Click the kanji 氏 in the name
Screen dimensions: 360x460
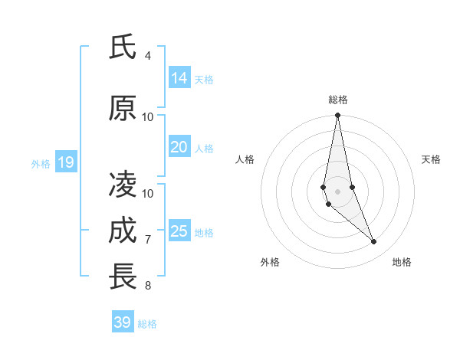point(123,47)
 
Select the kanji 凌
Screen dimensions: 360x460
point(123,184)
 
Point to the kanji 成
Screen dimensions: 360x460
point(123,231)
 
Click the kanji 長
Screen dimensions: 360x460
point(123,277)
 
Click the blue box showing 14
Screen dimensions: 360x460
point(179,78)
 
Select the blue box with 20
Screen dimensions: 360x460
point(179,147)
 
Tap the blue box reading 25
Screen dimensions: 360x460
point(179,231)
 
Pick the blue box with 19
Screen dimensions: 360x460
point(65,162)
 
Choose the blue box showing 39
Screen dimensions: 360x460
point(122,322)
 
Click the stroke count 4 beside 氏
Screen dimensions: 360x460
point(148,56)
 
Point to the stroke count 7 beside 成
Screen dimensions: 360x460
point(148,240)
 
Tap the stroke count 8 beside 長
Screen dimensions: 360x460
point(148,286)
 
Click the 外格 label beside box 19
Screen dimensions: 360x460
point(40,163)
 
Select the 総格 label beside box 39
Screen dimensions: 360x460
point(147,324)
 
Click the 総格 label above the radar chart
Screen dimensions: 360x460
point(337,100)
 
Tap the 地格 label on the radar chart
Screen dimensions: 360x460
point(402,262)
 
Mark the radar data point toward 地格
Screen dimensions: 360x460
point(374,242)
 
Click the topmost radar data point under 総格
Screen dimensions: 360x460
point(337,116)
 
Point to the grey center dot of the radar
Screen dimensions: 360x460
point(337,190)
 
